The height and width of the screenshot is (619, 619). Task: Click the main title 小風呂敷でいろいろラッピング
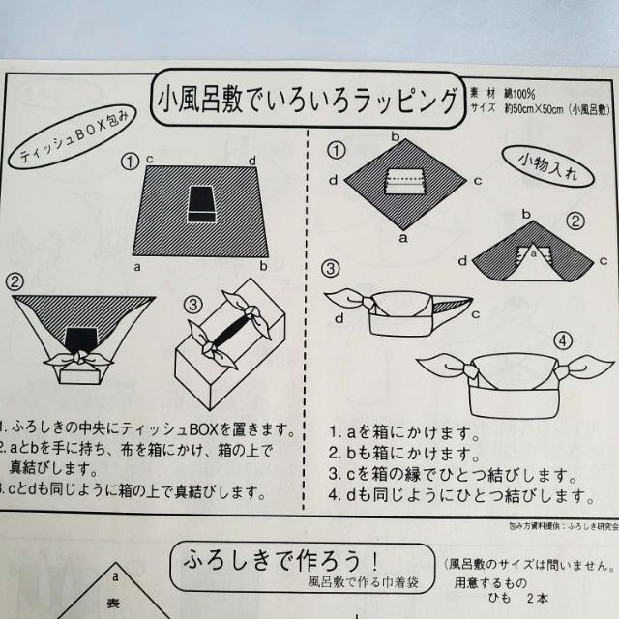[x=307, y=98]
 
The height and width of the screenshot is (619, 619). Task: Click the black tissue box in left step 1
[x=202, y=200]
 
